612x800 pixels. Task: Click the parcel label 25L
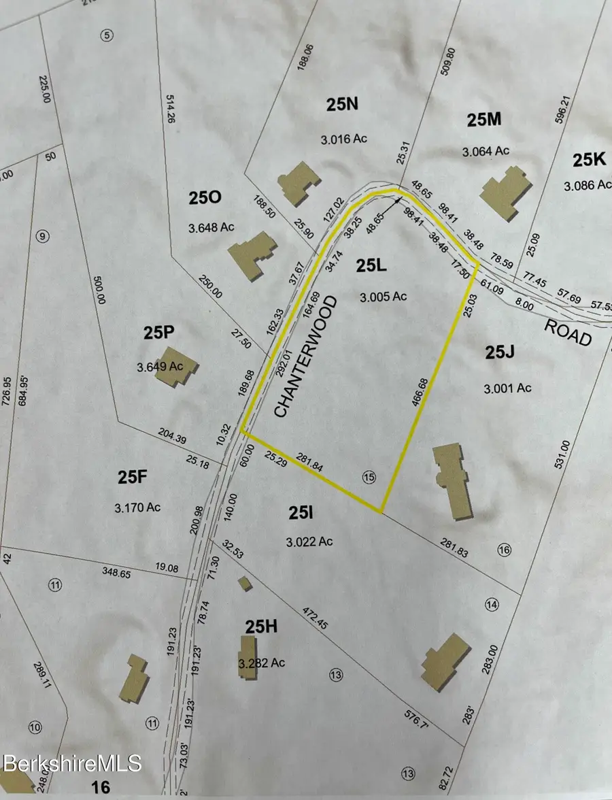point(371,267)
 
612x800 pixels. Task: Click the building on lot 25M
point(506,193)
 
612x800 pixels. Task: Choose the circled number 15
point(369,478)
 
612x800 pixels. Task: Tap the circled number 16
point(504,550)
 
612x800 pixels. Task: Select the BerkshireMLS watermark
point(71,763)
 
